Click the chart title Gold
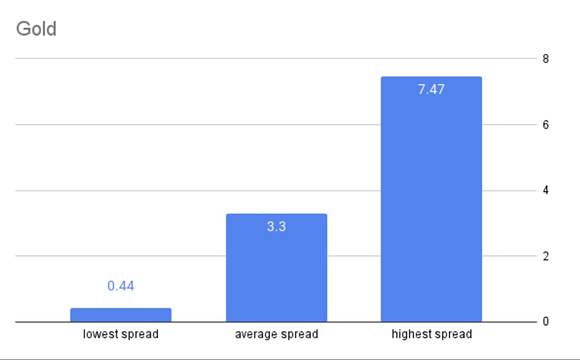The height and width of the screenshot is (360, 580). (36, 29)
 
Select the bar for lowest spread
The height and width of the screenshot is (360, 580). (121, 315)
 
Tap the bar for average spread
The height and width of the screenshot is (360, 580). (276, 273)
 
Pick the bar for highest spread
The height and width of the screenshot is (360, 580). (431, 203)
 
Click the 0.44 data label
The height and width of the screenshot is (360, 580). (121, 286)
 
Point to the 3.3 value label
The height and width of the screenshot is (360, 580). (276, 227)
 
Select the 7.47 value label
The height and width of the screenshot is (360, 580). (431, 90)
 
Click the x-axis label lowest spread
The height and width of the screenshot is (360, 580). (121, 334)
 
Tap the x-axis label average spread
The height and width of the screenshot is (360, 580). (276, 334)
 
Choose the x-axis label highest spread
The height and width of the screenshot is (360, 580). (432, 334)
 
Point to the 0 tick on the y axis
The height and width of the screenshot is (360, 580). (546, 322)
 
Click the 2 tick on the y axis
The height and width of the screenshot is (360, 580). (546, 256)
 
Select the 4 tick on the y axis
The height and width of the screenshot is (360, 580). (546, 190)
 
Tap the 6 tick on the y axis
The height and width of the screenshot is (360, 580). (546, 125)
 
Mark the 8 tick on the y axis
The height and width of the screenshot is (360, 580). (546, 59)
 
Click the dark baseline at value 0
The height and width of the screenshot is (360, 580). (42, 322)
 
